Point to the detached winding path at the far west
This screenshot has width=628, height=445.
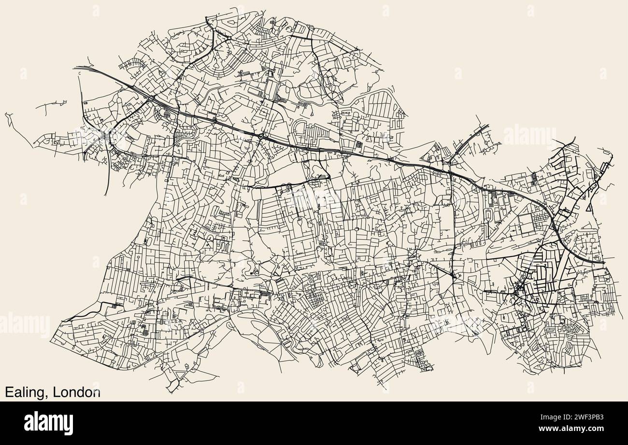click(x=8, y=119)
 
